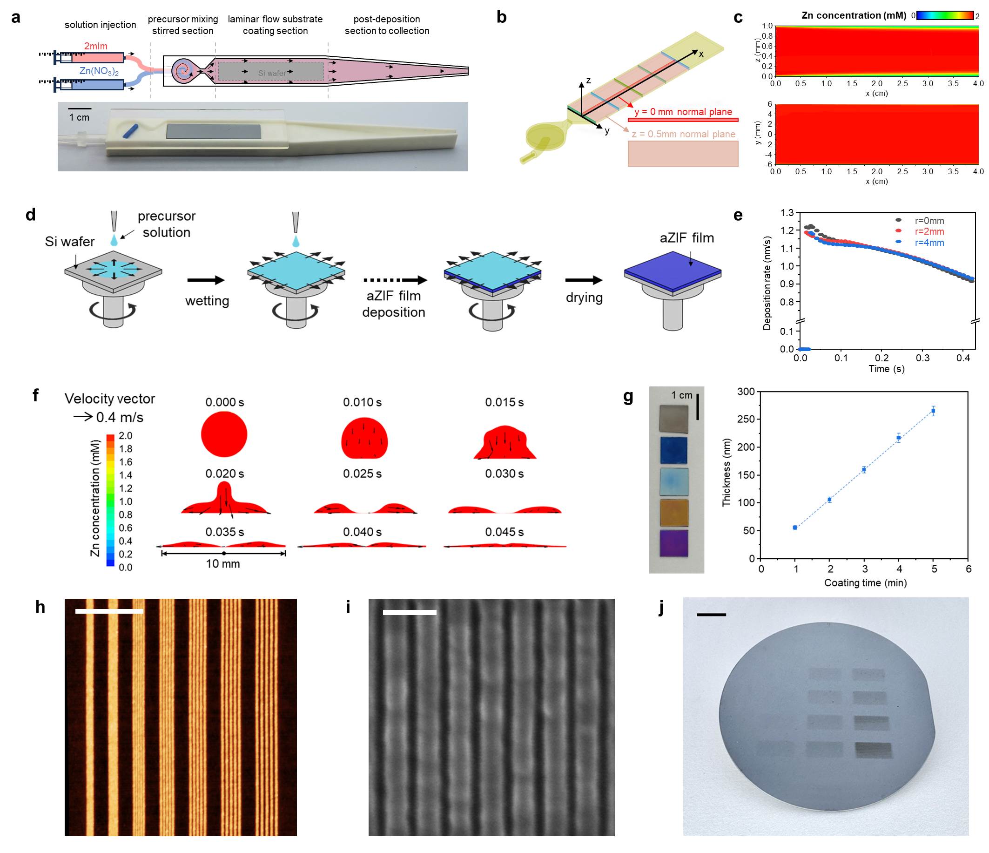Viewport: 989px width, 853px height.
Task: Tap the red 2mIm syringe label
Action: (x=95, y=46)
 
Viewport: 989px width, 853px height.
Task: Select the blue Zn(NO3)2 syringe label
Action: (x=99, y=71)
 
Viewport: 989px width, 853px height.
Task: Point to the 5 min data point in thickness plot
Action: (x=933, y=411)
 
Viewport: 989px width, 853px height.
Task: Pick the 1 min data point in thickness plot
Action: (x=795, y=527)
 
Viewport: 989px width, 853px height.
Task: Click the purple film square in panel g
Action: (x=674, y=543)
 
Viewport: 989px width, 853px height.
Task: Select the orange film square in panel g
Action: (x=674, y=513)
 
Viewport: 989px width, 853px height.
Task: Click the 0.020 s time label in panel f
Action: (x=224, y=474)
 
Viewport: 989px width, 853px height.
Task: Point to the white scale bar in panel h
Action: (x=109, y=611)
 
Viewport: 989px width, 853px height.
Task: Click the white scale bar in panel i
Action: (x=409, y=612)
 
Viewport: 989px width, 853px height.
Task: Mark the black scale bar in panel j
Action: (x=711, y=615)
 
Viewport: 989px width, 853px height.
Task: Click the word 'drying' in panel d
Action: (x=584, y=298)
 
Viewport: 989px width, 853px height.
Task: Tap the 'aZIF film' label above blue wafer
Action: (x=687, y=238)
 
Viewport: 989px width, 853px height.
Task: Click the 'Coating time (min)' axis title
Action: (x=865, y=582)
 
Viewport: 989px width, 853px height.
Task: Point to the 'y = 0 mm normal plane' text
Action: (x=683, y=112)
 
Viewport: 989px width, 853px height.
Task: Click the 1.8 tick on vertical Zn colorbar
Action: (x=126, y=449)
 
